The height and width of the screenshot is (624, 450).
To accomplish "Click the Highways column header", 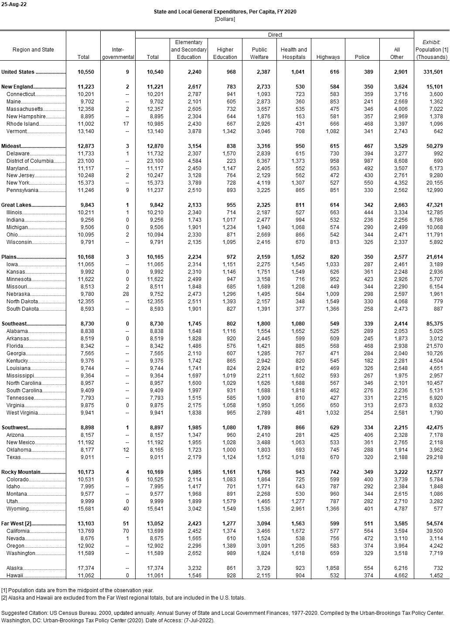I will [328, 57].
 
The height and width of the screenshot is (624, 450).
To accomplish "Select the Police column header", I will [362, 57].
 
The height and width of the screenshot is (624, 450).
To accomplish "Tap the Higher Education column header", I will [225, 53].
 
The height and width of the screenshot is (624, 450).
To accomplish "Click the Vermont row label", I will [17, 131].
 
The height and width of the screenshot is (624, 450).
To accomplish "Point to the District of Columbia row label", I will [30, 161].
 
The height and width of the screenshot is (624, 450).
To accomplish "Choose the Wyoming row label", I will [18, 509].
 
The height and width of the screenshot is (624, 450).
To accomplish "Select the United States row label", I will [18, 72].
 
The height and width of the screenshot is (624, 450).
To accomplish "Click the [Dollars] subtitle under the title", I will [225, 19].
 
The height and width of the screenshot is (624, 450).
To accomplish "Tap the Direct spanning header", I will [275, 35].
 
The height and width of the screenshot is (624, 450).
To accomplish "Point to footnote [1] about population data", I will [77, 590].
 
